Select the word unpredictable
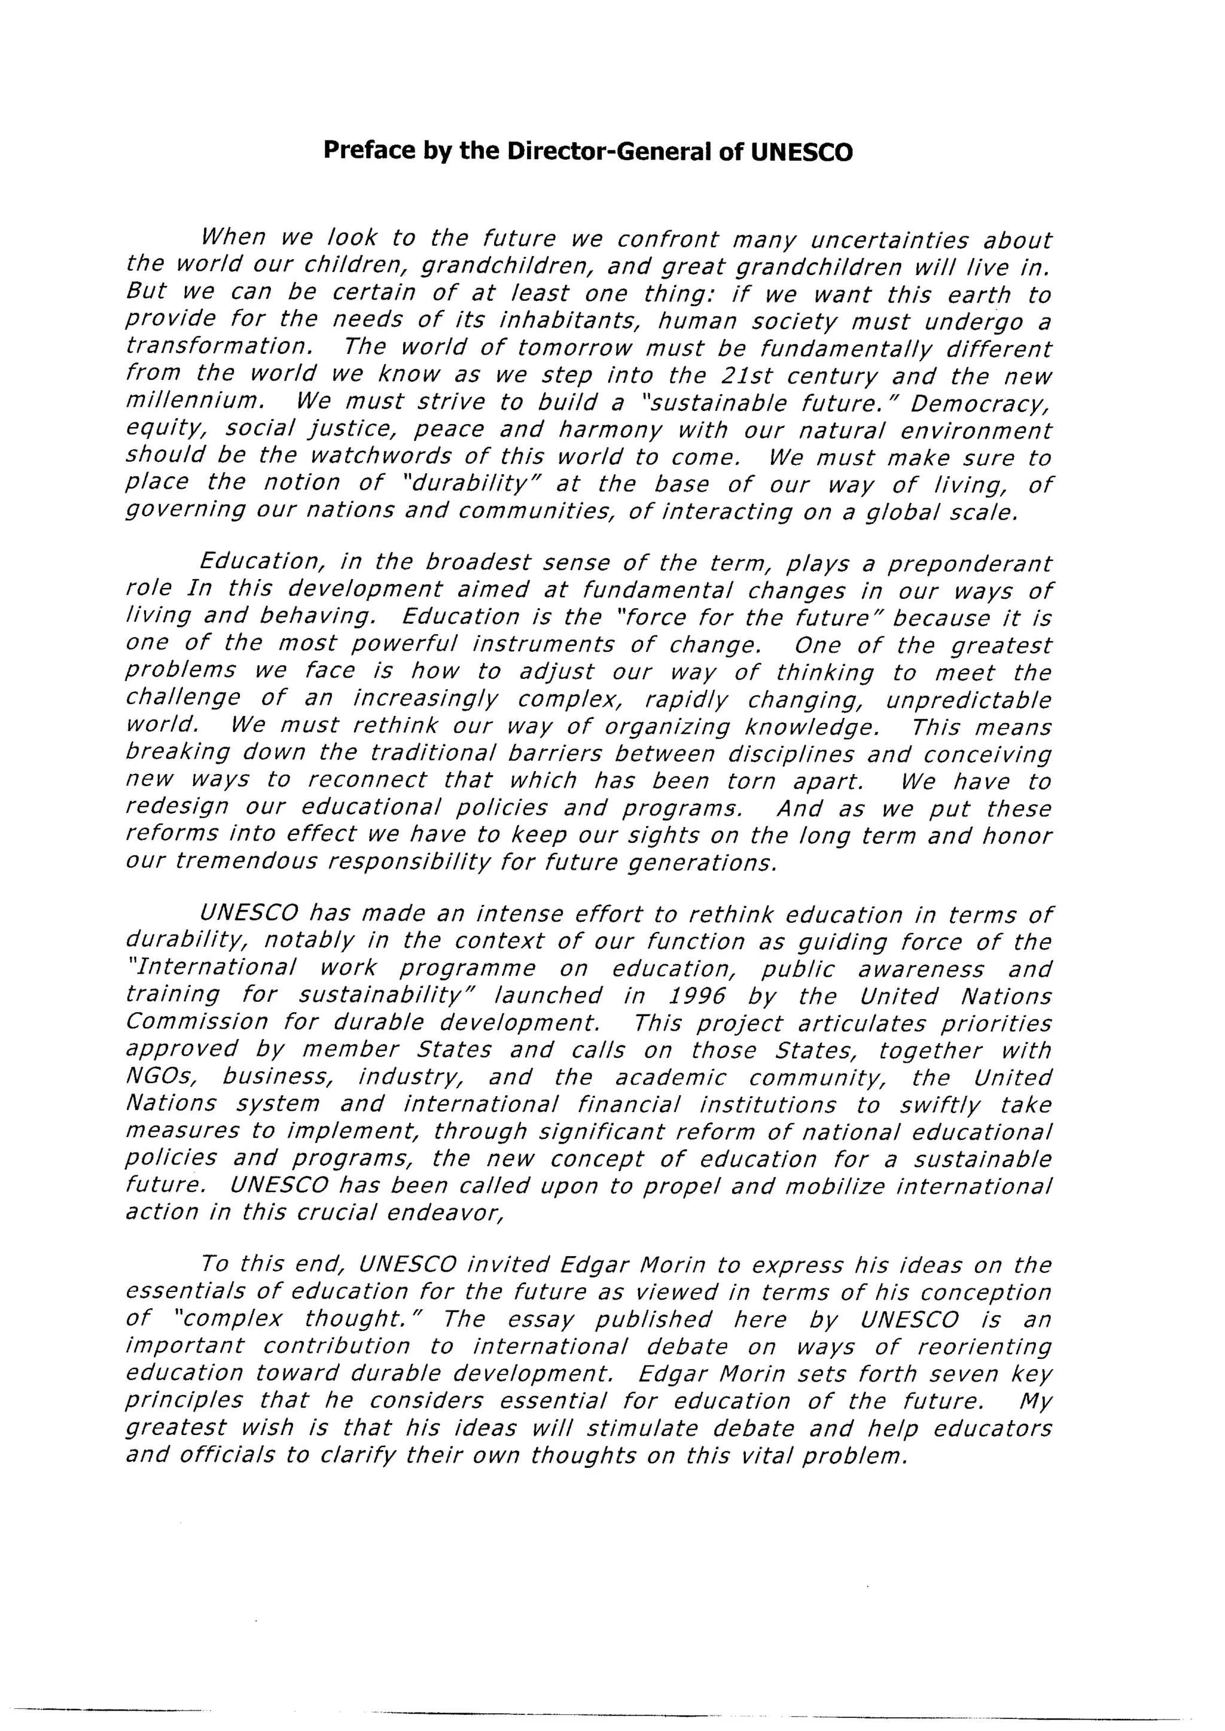pyautogui.click(x=968, y=700)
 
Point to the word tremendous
pyautogui.click(x=246, y=861)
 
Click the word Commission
pyautogui.click(x=196, y=1023)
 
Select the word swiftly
pyautogui.click(x=940, y=1105)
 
